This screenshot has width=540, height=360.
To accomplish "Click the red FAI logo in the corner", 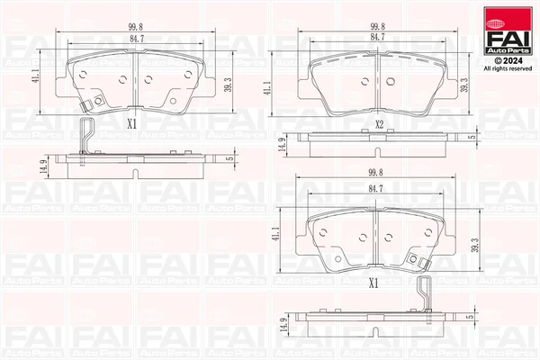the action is (x=508, y=31).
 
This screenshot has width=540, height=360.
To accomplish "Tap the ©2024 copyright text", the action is (x=508, y=61).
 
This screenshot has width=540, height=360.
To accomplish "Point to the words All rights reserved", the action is (x=508, y=69).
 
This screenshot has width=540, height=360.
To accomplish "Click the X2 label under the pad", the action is (x=379, y=124).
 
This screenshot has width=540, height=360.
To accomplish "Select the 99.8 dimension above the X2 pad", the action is (x=377, y=26).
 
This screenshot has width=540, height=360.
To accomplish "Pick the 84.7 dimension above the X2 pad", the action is (x=377, y=37).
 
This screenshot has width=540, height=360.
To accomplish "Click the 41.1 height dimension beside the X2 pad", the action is (x=267, y=88).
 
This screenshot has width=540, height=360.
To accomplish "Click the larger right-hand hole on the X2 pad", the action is (x=391, y=81).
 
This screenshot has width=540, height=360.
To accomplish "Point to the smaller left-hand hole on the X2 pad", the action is (x=364, y=82).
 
